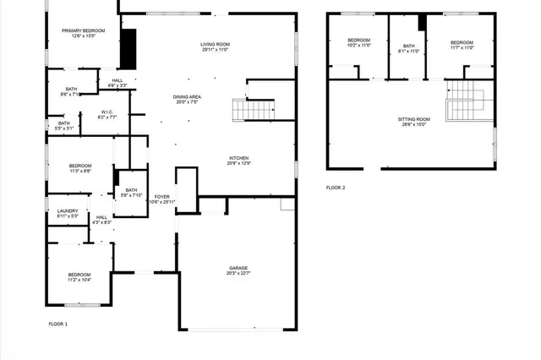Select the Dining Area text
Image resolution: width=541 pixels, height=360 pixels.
187,100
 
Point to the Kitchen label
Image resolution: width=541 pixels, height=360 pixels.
238,160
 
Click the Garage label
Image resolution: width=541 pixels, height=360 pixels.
238,270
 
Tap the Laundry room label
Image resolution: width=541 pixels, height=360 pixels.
68,213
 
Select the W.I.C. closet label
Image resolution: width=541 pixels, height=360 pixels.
107,114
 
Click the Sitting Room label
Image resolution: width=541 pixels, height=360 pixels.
414,122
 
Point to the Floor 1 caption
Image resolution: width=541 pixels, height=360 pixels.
58,324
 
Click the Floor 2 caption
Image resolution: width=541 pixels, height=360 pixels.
336,188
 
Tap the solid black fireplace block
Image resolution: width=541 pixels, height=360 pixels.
128,49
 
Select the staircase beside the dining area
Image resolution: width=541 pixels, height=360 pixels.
254,108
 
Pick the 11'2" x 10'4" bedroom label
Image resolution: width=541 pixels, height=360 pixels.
79,277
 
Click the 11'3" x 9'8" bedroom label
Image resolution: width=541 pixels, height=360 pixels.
79,167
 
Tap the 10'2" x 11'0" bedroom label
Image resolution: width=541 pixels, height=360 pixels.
359,43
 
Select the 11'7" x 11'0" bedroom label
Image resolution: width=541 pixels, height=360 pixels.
462,46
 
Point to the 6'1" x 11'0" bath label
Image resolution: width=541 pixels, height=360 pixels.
409,48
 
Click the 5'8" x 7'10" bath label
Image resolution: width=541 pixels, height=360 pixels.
130,193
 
